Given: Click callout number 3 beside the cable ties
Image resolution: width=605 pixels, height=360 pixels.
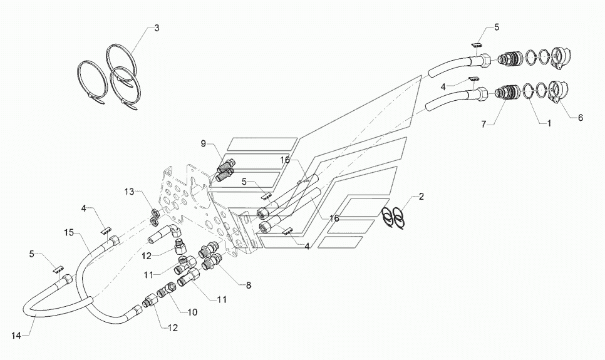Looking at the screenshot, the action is point(157,28).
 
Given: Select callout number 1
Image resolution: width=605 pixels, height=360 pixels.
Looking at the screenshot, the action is point(549,123).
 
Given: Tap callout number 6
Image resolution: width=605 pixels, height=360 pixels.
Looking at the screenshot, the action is point(581,118).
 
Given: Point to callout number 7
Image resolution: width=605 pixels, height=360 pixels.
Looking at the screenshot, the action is point(484,124).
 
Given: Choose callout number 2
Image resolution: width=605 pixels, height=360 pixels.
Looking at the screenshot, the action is point(421,197).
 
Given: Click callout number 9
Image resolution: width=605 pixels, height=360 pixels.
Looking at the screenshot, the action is point(204,143).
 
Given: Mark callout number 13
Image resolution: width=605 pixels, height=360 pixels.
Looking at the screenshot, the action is point(130,192).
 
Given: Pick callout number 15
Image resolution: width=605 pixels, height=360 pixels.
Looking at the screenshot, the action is point(69,233).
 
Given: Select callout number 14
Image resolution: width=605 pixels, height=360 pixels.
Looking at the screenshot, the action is point(16,336).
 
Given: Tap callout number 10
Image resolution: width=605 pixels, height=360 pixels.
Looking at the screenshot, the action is point(192,312).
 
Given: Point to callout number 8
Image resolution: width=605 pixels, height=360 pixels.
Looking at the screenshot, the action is point(249,285).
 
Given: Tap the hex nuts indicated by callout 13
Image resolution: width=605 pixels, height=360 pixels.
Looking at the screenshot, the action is point(154,216).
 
